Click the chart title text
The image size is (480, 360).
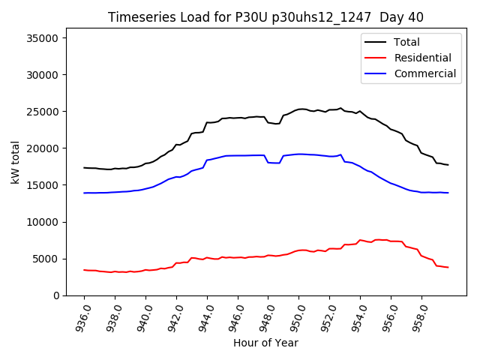pos(255,16)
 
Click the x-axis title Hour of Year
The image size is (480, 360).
pos(265,343)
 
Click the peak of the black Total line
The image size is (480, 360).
pos(340,108)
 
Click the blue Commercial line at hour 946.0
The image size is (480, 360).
pos(238,155)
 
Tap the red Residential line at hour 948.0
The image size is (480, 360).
pos(268,255)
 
